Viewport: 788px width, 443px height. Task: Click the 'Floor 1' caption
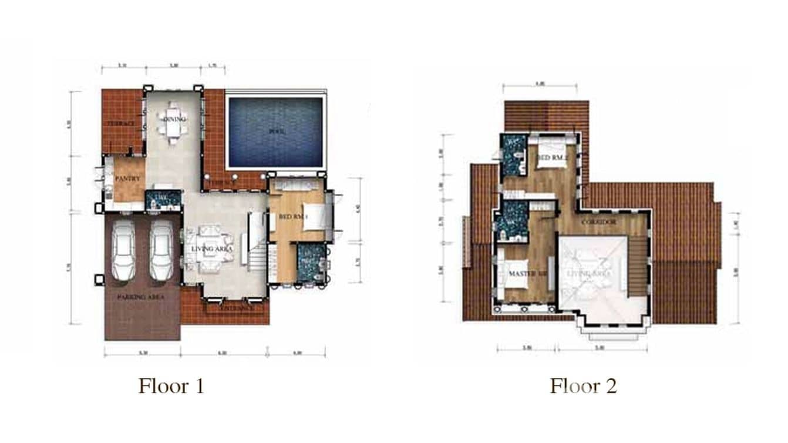point(171,387)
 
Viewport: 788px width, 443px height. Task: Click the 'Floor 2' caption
point(582,387)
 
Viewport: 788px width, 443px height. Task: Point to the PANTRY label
point(126,178)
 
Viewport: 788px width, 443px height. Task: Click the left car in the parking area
point(124,251)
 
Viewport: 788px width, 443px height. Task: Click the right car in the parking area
point(162,251)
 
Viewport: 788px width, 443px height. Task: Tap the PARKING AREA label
point(140,297)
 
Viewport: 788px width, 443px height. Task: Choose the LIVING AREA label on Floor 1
point(211,249)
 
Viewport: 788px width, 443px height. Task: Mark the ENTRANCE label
point(237,307)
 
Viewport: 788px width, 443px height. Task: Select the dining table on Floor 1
point(172,123)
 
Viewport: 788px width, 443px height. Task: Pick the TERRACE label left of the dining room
point(121,124)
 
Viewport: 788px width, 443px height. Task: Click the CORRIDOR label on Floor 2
point(598,222)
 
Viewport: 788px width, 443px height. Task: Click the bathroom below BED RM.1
point(309,262)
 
